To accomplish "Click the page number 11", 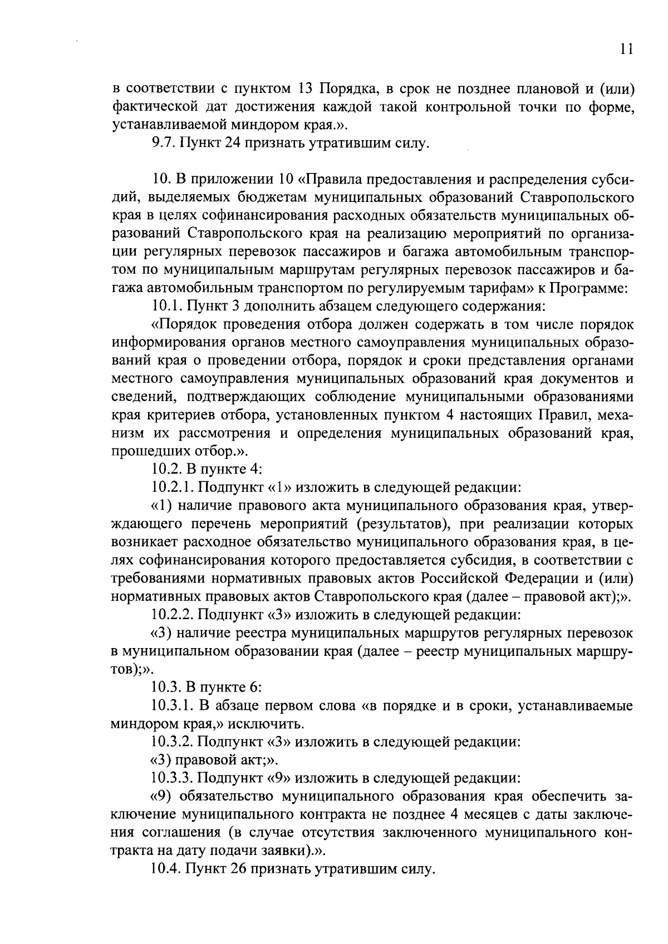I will click(x=626, y=50).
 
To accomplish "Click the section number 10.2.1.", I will click(x=172, y=488).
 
